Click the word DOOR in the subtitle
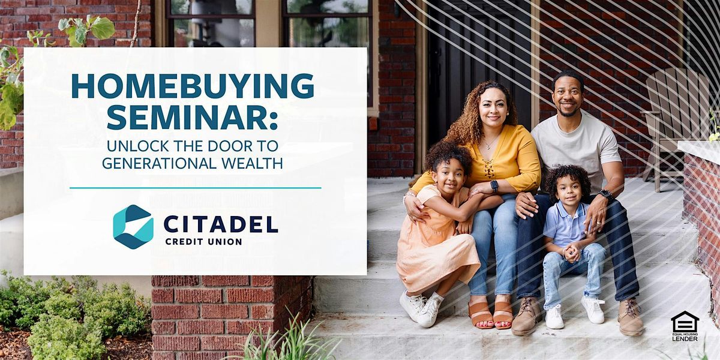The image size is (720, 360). pyautogui.click(x=228, y=146)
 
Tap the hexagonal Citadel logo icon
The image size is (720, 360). pyautogui.click(x=133, y=227)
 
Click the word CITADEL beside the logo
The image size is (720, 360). pyautogui.click(x=221, y=224)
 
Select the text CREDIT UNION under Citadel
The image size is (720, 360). pyautogui.click(x=203, y=242)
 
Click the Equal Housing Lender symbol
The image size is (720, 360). pyautogui.click(x=685, y=326)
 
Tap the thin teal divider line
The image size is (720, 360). pyautogui.click(x=196, y=188)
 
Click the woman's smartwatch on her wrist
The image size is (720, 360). pyautogui.click(x=494, y=186)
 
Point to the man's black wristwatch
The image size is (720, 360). pyautogui.click(x=605, y=194)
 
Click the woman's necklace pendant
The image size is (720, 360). pyautogui.click(x=488, y=147)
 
